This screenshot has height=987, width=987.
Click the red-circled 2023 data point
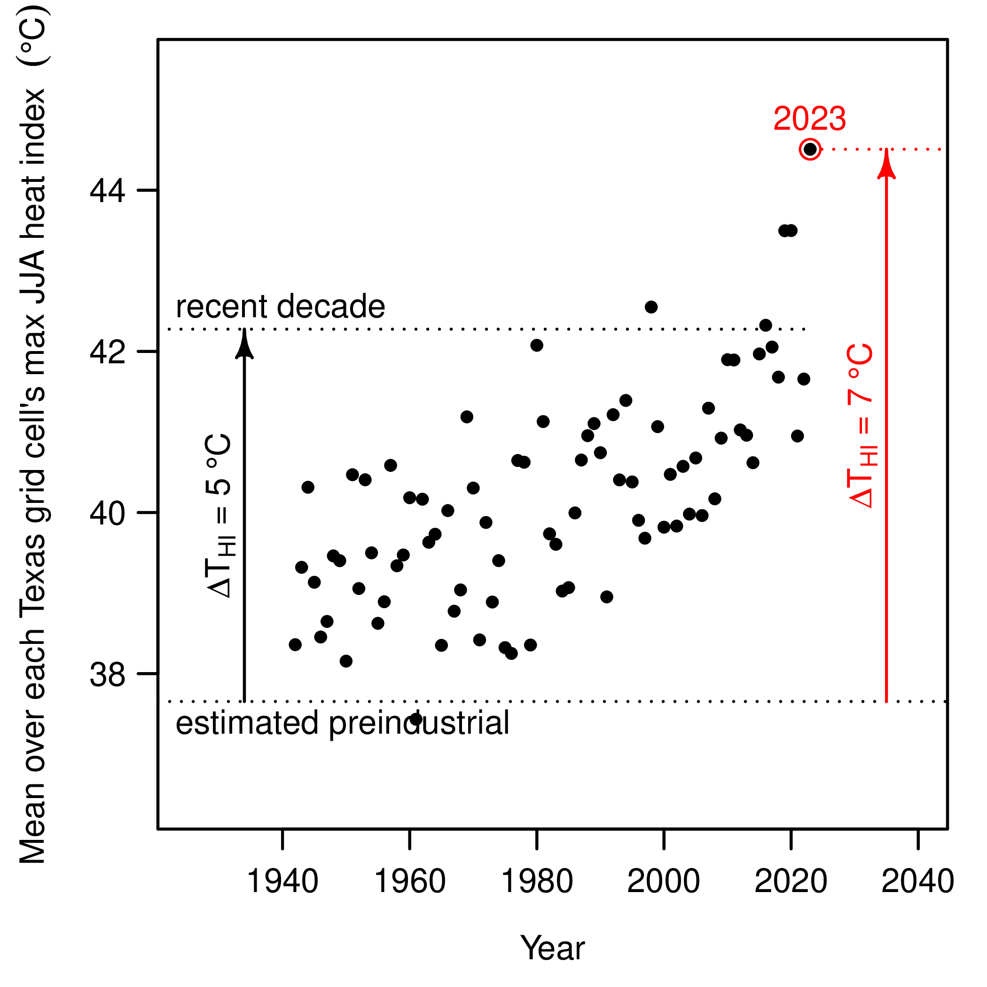click(x=810, y=149)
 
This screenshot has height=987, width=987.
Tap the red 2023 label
click(x=809, y=118)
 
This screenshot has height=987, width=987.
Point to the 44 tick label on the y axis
click(x=107, y=191)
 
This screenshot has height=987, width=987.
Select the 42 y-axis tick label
click(x=107, y=352)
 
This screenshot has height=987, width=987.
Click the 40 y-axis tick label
click(x=107, y=513)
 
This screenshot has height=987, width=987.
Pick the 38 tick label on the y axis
click(x=107, y=674)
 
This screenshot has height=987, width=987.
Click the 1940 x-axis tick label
click(x=282, y=881)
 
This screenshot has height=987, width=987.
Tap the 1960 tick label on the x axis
click(x=410, y=881)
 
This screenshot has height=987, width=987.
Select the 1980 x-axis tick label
click(x=537, y=881)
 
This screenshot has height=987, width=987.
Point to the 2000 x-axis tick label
click(x=664, y=881)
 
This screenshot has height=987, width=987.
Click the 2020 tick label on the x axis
click(x=791, y=881)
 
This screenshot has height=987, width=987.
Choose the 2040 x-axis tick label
click(x=918, y=881)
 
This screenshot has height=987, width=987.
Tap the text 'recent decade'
click(x=280, y=306)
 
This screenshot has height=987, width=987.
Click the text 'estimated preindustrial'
click(x=342, y=723)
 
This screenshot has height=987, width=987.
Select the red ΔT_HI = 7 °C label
click(x=862, y=426)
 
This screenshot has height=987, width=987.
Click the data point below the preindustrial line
click(x=416, y=719)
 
